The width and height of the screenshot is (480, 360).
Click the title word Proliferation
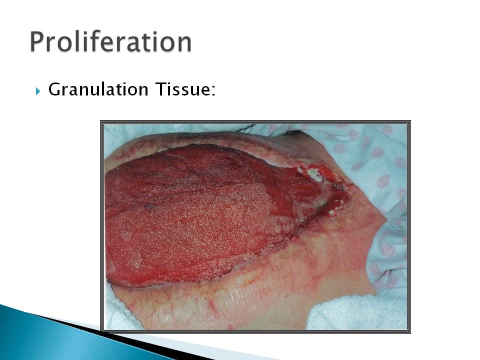click(111, 42)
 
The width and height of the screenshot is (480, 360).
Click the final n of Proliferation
click(184, 44)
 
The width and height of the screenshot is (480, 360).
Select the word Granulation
click(98, 89)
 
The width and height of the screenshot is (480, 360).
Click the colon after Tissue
click(213, 91)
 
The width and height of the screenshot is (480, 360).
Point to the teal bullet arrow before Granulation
click(38, 91)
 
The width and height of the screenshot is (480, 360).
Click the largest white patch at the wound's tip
click(314, 174)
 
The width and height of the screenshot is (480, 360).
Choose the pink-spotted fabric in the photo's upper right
click(367, 171)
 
